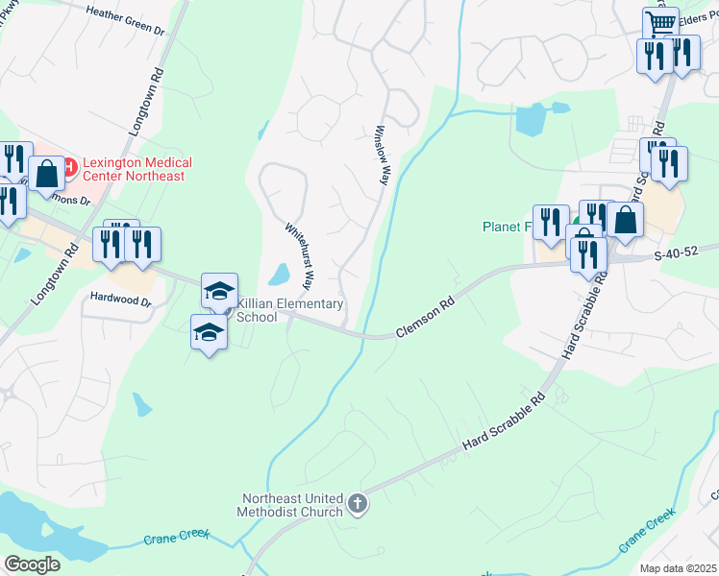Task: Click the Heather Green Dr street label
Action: point(126,20)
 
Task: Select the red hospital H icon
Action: point(70,163)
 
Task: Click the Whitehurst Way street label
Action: point(299,256)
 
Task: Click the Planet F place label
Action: point(507,228)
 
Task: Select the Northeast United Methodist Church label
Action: point(292,505)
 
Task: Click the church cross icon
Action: point(357,503)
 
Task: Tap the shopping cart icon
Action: point(660,23)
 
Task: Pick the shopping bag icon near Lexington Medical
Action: point(46,174)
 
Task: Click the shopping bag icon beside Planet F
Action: point(625,220)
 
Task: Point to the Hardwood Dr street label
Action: point(120,300)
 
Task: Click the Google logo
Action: point(32,564)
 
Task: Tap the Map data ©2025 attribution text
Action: point(679,568)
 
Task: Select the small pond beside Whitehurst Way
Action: point(279,276)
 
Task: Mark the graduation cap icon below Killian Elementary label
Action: point(209,332)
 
